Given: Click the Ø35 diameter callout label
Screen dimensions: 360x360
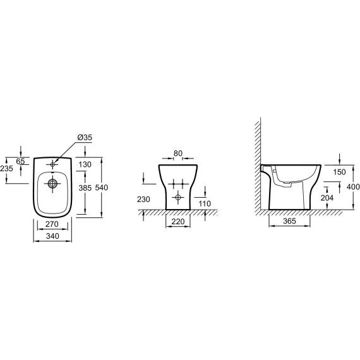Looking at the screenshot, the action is point(85,137).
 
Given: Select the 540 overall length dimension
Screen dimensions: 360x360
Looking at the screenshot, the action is point(102,188).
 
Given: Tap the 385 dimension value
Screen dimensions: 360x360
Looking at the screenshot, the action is point(85,188).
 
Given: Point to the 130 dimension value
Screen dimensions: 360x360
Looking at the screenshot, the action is point(85,164).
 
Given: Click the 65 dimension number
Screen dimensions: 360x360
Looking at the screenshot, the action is point(20,162).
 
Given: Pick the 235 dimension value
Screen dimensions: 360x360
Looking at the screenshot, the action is point(6,169).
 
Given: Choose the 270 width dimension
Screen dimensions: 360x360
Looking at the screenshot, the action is point(52,224).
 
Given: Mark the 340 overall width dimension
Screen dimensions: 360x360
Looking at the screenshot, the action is point(52,236).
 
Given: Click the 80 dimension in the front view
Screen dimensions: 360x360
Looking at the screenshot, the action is point(178,153).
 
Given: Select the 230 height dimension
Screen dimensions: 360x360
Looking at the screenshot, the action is point(143,200).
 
